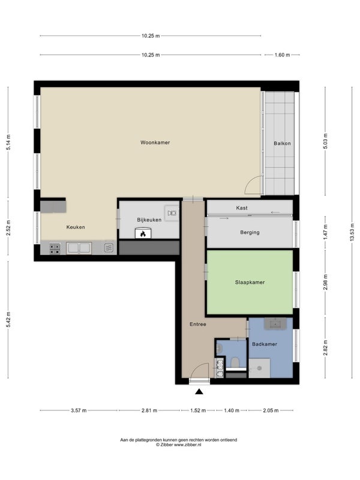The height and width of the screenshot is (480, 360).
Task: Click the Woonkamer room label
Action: [x=155, y=142]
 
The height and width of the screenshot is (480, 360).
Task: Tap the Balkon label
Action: [x=282, y=143]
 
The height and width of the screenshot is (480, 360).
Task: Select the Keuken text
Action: [x=76, y=227]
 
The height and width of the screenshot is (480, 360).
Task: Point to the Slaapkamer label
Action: [x=250, y=282]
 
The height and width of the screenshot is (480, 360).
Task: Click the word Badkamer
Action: [x=265, y=344]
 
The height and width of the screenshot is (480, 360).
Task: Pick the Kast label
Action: [x=242, y=208]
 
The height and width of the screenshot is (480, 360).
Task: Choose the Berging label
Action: [x=250, y=232]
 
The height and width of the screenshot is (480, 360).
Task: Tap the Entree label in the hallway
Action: [x=198, y=324]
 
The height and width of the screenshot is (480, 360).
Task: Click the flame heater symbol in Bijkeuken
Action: [x=143, y=233]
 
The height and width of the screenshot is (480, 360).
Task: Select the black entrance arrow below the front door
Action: [x=199, y=391]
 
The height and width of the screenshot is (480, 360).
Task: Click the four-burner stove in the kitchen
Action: [x=55, y=248]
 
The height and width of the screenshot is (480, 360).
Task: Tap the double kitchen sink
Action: [x=79, y=248]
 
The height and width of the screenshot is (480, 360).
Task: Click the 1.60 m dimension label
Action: [x=282, y=55]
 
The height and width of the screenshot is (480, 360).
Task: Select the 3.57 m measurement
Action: [x=79, y=410]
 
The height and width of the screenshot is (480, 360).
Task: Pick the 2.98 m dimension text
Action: [x=325, y=282]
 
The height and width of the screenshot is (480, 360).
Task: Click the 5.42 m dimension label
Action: [x=8, y=320]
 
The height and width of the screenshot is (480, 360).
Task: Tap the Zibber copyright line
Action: [x=178, y=445]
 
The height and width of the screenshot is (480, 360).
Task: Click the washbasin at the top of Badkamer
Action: [x=275, y=323]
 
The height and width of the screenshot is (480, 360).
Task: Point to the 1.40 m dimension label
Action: [x=232, y=410]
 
